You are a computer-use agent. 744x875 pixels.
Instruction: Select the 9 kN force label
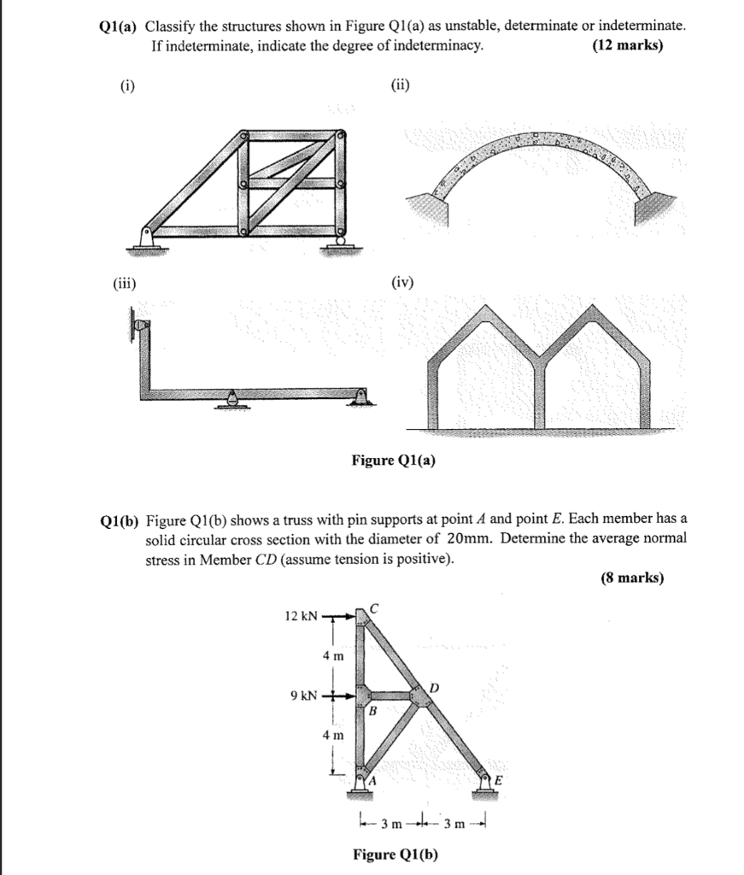click(303, 696)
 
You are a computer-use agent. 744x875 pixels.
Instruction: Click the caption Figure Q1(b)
click(395, 854)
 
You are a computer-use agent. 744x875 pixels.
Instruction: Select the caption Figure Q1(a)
click(394, 461)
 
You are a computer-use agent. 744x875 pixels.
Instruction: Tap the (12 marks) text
click(627, 46)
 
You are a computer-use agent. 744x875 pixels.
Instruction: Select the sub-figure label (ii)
click(400, 85)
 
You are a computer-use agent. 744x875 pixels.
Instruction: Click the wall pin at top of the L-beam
click(140, 326)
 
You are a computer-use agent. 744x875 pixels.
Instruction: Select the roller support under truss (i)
click(341, 244)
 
